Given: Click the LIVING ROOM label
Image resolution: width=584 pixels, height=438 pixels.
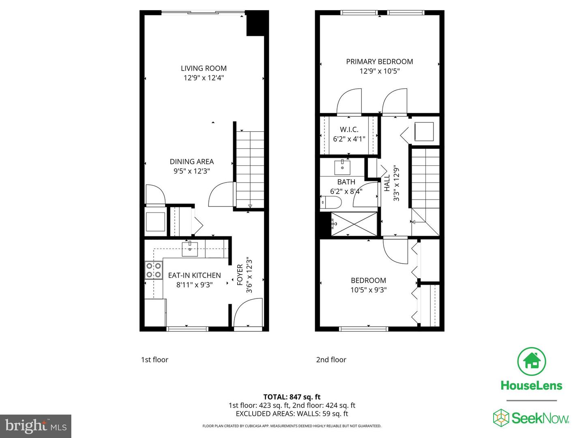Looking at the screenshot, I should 204,68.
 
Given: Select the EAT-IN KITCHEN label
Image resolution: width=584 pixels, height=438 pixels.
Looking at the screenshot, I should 194,275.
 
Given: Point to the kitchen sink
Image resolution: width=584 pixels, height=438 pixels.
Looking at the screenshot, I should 189,249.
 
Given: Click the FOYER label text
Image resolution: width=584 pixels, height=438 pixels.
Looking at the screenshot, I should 240,275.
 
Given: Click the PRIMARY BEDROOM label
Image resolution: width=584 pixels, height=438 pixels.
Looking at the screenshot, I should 379,62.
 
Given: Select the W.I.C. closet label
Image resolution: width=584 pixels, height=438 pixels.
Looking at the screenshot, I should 349,129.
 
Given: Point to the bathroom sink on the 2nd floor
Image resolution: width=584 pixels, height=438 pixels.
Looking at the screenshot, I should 342,167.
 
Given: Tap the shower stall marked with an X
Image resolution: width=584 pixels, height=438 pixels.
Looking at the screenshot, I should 354,223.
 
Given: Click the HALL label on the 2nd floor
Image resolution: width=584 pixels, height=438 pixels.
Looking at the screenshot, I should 387,183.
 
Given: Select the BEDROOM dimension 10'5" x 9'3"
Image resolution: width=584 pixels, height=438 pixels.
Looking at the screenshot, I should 368,290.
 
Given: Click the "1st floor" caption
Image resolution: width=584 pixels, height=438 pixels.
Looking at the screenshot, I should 155,360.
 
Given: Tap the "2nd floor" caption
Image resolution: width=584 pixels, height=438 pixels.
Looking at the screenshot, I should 331,360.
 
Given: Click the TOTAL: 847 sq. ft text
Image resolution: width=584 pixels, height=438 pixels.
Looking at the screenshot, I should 292,397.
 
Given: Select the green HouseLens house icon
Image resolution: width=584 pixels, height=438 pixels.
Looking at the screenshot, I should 531,361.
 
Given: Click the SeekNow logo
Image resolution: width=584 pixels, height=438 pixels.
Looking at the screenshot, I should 531,418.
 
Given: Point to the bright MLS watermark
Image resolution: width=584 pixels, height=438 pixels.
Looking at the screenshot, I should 36,426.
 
